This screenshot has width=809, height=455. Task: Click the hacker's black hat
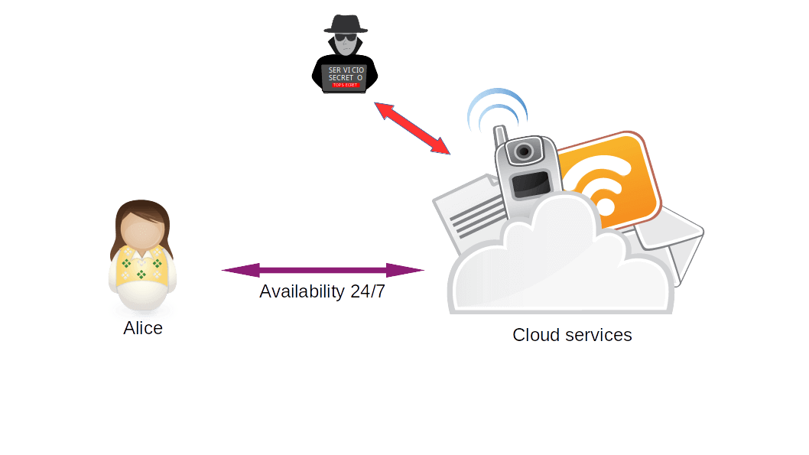tap(346, 24)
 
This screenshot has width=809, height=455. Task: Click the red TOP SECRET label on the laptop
tap(346, 85)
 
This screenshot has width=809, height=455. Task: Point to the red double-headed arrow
tap(413, 128)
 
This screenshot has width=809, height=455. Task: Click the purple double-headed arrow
tap(323, 270)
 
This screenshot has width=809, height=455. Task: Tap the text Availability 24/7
tap(322, 291)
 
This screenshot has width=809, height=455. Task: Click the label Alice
tap(143, 329)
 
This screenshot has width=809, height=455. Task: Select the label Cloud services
tap(572, 335)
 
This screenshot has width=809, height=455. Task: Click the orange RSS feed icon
tap(608, 184)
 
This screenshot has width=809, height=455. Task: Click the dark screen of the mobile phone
tap(530, 184)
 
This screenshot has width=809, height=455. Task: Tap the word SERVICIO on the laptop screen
tap(346, 70)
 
